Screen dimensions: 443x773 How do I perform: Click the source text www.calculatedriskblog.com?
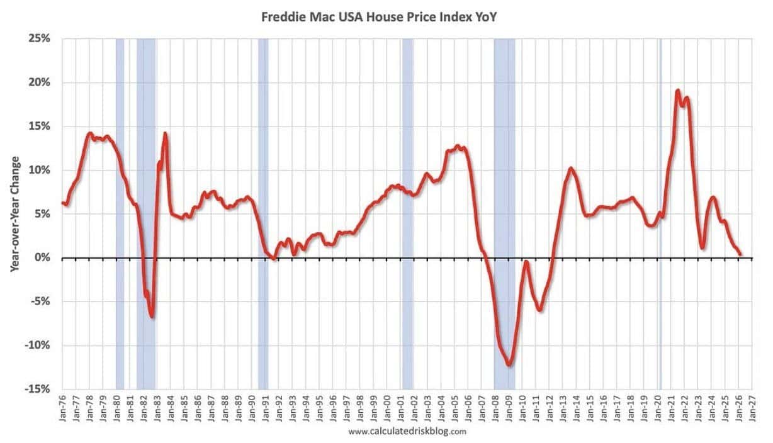click(407, 432)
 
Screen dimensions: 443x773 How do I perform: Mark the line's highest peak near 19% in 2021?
click(677, 91)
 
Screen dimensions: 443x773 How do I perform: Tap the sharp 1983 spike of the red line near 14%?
click(165, 133)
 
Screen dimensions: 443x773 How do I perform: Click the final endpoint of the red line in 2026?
click(740, 254)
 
